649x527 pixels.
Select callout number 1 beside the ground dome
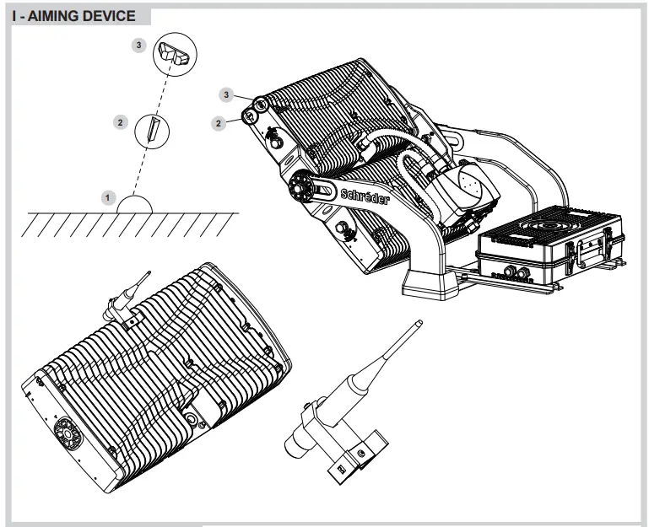[x=107, y=197]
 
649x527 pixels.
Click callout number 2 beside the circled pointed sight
[x=121, y=122]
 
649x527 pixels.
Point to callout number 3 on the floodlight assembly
[x=227, y=94]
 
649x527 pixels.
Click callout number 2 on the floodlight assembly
[x=219, y=123]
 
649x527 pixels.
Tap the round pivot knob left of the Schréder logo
[x=299, y=186]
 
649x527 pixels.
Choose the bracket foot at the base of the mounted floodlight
[x=431, y=282]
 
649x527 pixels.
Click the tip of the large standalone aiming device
[x=419, y=322]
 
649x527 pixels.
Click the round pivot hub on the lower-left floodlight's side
[x=66, y=433]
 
